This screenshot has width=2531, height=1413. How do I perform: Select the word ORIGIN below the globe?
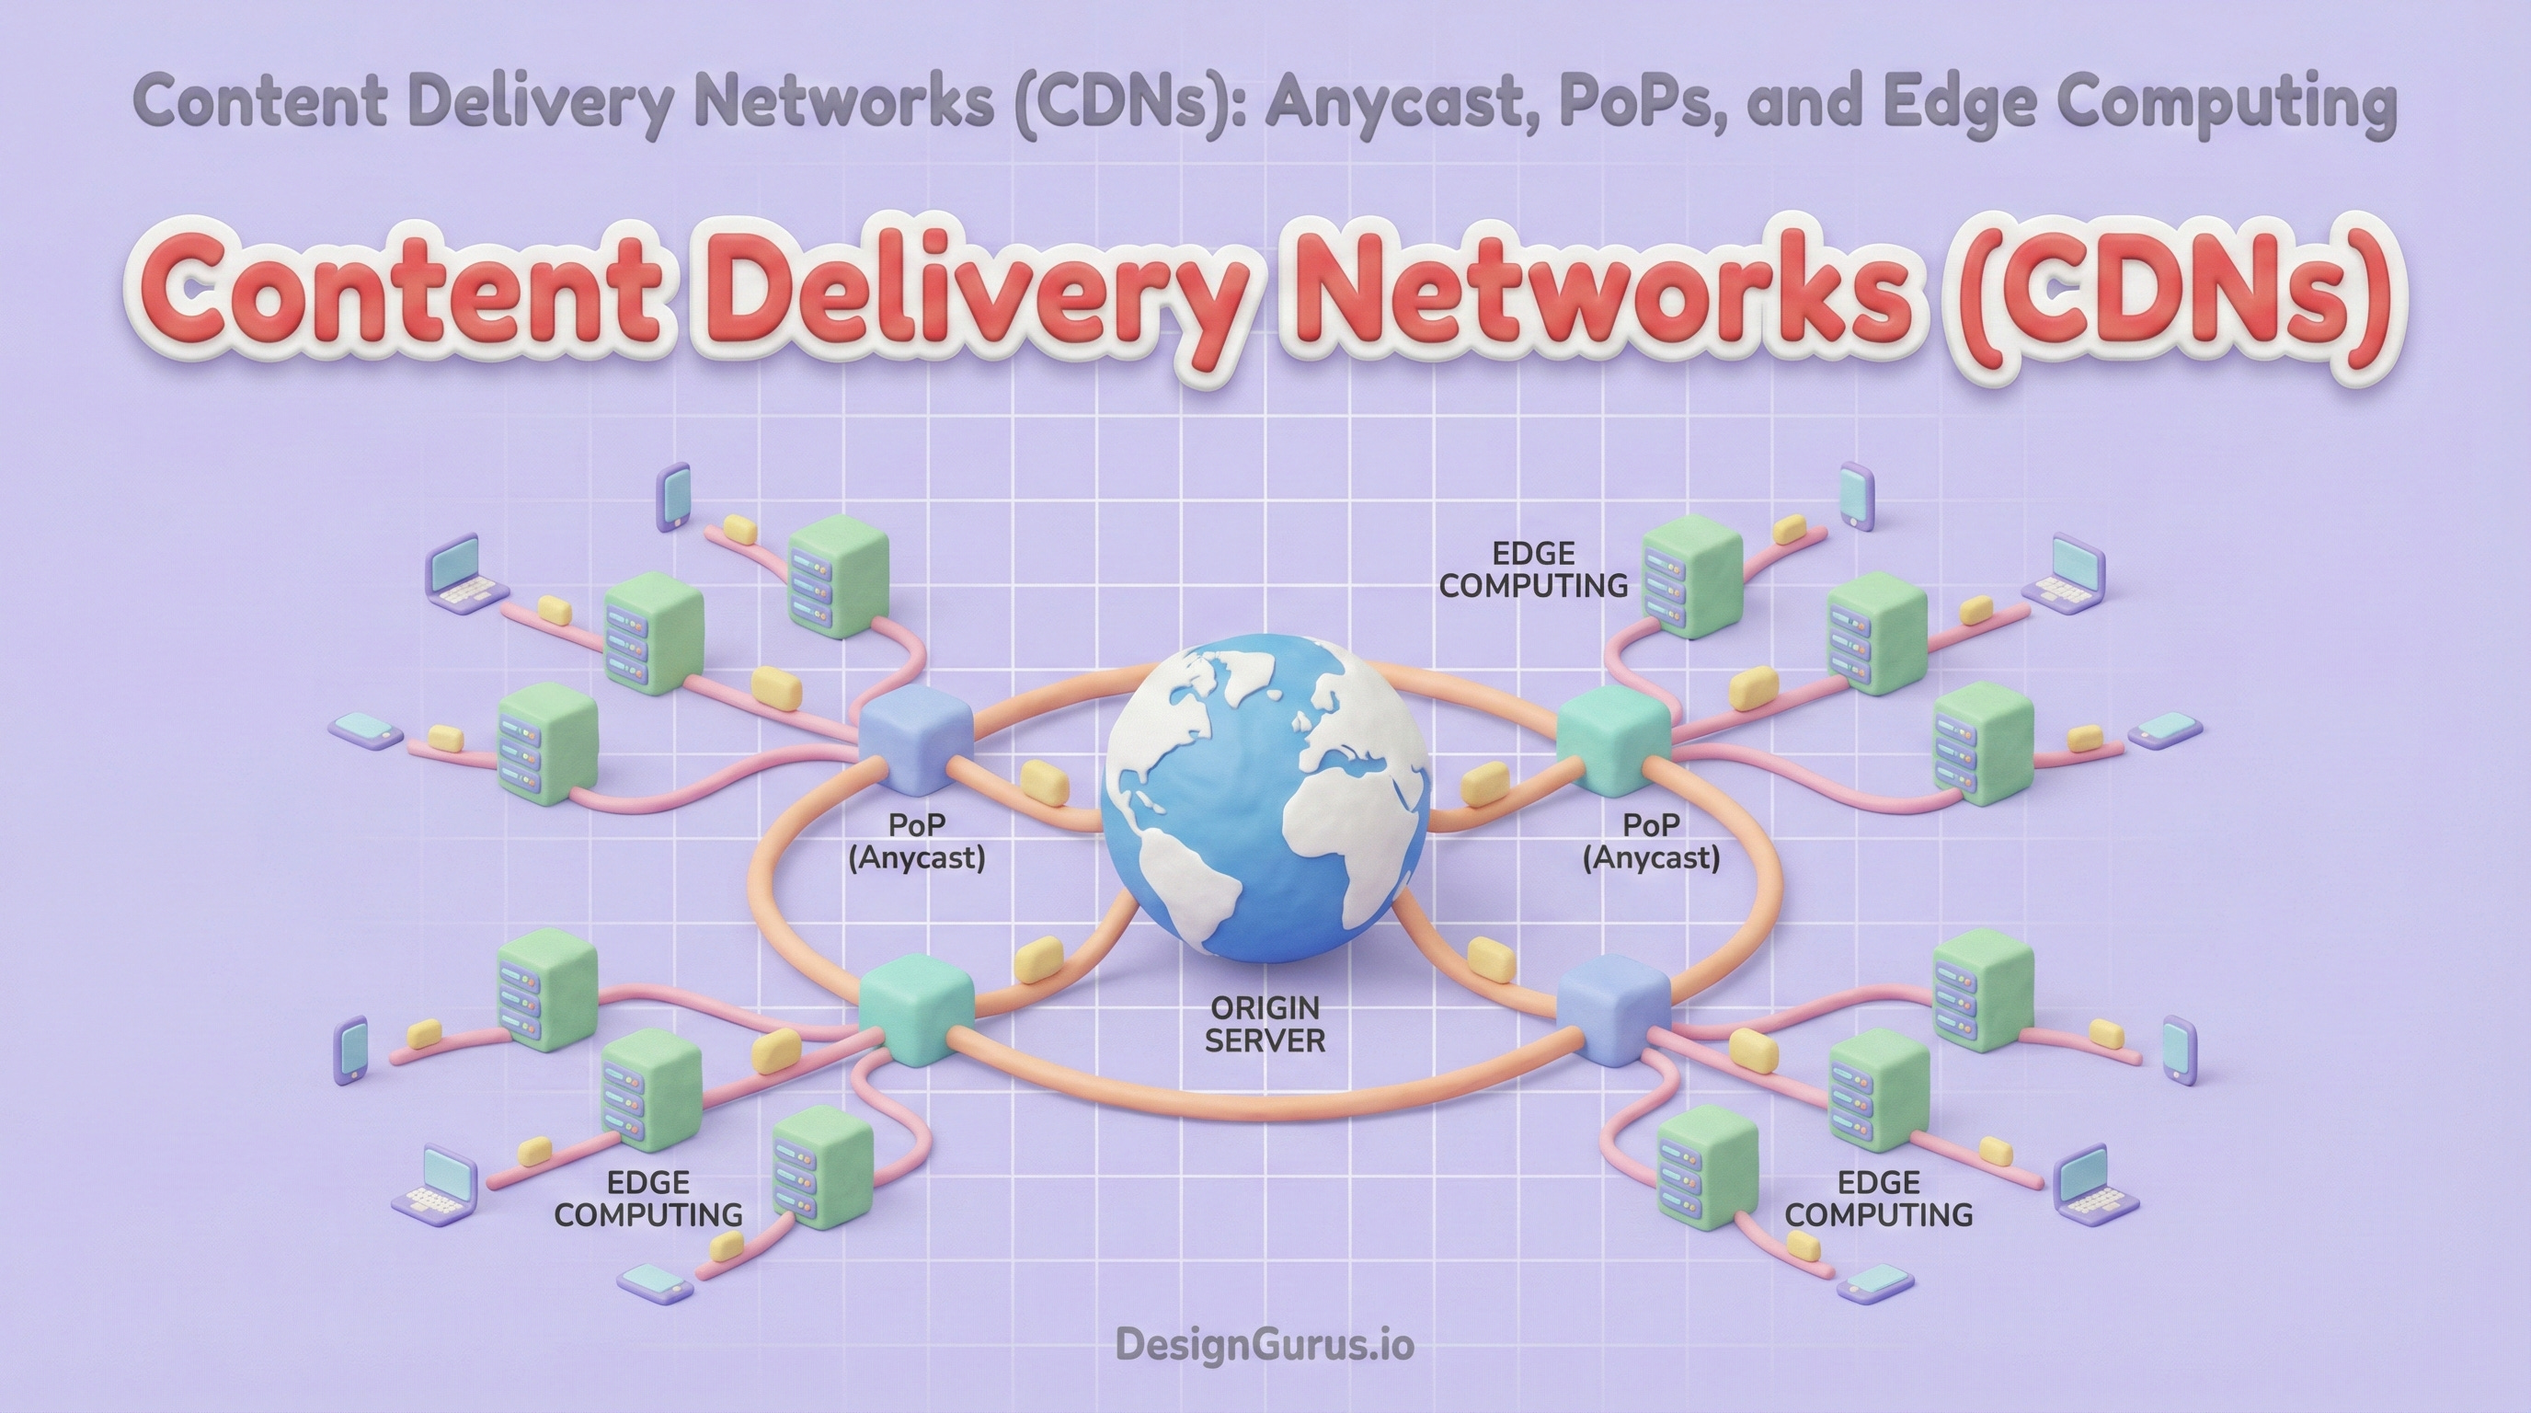1265,1007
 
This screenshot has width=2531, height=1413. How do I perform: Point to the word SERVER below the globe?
1265,1040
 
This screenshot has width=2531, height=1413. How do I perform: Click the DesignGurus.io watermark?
1265,1343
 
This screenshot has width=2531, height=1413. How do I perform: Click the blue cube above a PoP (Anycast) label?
916,739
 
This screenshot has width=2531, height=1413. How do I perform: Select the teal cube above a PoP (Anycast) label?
1614,739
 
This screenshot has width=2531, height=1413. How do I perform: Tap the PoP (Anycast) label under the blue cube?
916,841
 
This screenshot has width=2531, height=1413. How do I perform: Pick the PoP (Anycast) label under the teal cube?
1651,841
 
